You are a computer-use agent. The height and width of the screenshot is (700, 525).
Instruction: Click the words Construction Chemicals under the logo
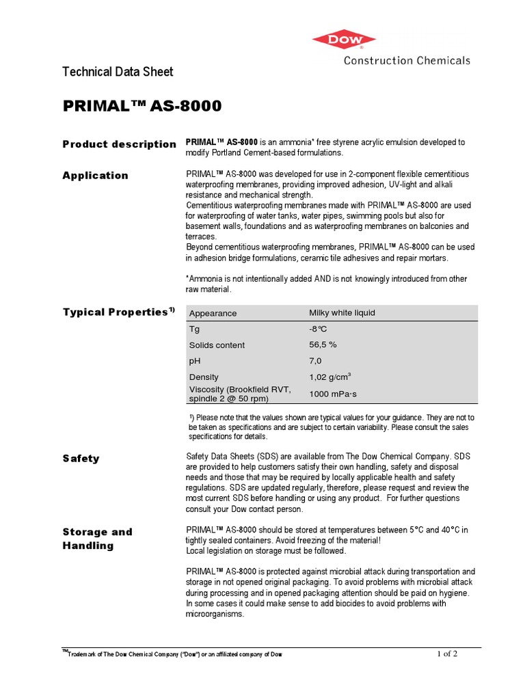(406, 60)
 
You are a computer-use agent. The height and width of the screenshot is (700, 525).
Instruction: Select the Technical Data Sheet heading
(118, 72)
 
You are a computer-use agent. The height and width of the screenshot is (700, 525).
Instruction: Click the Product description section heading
(119, 144)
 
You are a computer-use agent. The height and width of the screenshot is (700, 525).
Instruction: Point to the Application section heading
(95, 176)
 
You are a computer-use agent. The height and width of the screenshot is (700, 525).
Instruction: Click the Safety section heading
(81, 459)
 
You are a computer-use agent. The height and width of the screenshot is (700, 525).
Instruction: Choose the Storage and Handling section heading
(97, 539)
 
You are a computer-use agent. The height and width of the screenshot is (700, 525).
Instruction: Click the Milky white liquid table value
(342, 313)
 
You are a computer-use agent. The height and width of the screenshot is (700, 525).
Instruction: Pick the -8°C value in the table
(319, 329)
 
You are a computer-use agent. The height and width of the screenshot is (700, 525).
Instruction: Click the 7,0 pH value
(315, 361)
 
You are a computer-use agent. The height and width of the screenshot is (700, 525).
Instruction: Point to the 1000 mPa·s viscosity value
(333, 394)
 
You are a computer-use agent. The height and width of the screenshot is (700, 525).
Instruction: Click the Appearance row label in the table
(213, 313)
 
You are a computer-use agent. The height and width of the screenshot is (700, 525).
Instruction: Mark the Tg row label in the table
(194, 329)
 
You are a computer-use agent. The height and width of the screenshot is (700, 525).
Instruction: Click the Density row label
(204, 377)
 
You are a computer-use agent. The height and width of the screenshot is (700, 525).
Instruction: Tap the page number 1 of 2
(447, 654)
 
